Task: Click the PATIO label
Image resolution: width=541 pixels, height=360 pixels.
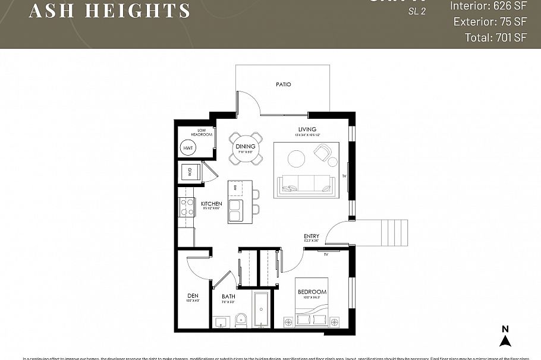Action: [284, 84]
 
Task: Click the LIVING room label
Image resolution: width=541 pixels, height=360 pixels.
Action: [307, 129]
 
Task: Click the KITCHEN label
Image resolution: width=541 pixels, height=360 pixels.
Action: [211, 204]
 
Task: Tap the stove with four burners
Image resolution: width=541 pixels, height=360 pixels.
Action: [188, 207]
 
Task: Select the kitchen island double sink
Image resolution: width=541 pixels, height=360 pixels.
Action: [235, 210]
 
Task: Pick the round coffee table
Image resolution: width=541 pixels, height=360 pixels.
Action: [296, 158]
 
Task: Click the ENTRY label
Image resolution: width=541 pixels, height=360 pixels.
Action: [312, 236]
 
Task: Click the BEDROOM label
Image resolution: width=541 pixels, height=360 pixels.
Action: [312, 292]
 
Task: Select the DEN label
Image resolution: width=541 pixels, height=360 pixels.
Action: [193, 296]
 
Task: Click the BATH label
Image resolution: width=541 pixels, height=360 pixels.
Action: [229, 296]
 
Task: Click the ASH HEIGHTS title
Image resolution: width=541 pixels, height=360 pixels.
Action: [110, 10]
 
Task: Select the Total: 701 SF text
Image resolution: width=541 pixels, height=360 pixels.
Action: [496, 37]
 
